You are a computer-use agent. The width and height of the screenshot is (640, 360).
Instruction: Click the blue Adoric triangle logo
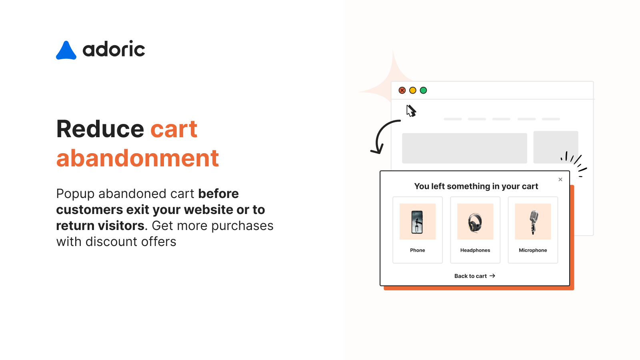[x=66, y=51]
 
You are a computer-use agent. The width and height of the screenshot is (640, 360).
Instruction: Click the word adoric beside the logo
[x=114, y=49]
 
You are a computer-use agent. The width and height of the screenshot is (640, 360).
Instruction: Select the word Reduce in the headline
[x=100, y=129]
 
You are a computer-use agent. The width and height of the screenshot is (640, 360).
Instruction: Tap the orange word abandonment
[x=138, y=158]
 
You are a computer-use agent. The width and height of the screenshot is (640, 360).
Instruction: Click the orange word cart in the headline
[x=174, y=129]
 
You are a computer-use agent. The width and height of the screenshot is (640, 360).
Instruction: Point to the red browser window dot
[x=402, y=90]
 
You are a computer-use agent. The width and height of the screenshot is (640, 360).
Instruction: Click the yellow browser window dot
[x=413, y=90]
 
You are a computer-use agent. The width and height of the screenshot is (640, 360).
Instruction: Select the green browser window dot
[x=423, y=90]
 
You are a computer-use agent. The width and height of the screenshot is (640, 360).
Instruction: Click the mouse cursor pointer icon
[x=411, y=111]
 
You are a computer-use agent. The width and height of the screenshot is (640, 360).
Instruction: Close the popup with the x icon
[x=560, y=180]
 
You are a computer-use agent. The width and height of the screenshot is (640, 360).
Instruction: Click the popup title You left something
[x=476, y=186]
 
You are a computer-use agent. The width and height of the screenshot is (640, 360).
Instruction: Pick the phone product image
[x=417, y=222]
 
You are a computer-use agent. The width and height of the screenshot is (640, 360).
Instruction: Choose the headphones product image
[x=475, y=222]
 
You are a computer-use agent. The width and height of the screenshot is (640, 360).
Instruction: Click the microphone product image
[x=533, y=222]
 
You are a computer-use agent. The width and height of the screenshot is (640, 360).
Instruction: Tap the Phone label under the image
[x=417, y=250]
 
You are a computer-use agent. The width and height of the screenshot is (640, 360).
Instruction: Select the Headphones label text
[x=475, y=250]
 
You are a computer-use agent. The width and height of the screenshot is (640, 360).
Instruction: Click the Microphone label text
[x=533, y=250]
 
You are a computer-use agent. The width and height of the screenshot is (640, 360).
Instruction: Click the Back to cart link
[x=474, y=276]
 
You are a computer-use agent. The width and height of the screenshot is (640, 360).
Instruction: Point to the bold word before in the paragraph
[x=218, y=194]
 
